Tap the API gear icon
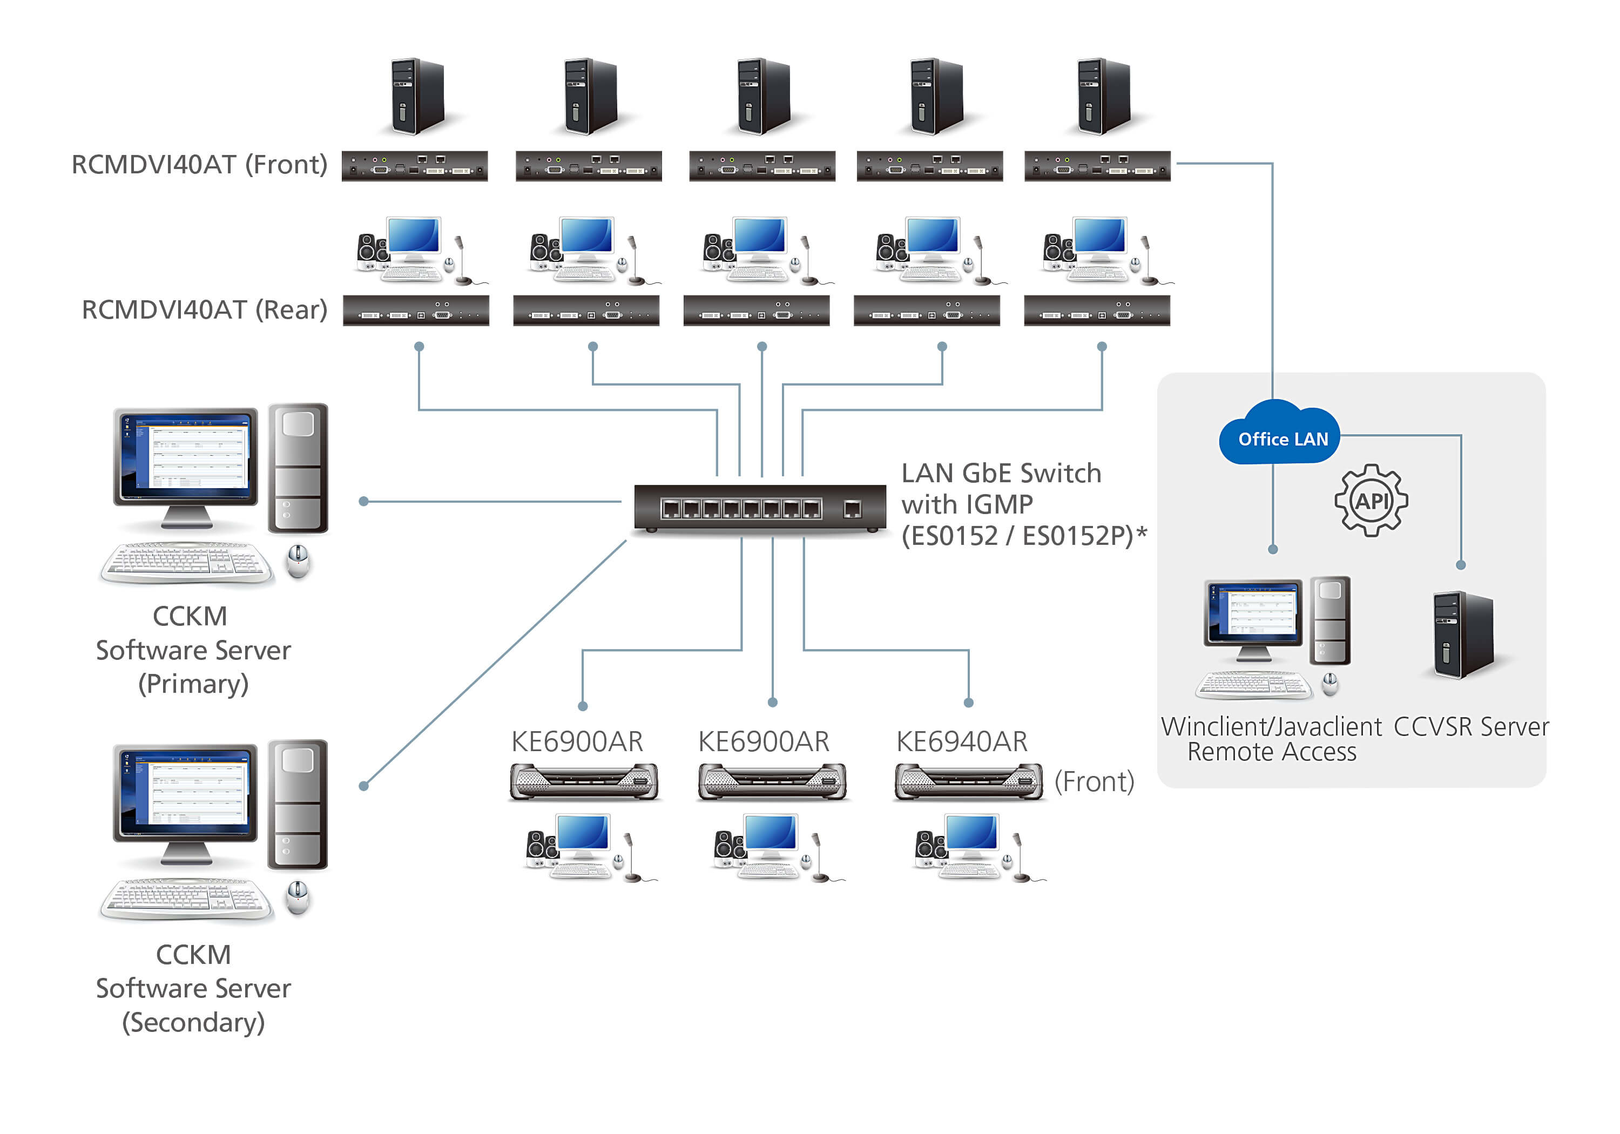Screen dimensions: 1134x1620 point(1371,501)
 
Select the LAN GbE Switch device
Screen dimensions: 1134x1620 point(760,508)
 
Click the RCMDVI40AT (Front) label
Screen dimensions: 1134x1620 point(200,164)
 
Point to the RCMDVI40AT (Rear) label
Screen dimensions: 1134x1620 point(205,310)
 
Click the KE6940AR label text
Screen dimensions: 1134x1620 point(962,741)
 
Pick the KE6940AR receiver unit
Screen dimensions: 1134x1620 point(968,782)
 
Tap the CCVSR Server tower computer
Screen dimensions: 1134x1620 point(1463,634)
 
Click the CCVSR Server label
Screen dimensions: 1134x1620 point(1471,727)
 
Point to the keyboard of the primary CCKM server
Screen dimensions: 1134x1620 point(186,563)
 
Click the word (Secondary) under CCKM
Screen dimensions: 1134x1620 point(193,1023)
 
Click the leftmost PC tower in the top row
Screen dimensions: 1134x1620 point(418,97)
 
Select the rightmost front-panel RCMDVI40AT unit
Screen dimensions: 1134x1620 point(1097,166)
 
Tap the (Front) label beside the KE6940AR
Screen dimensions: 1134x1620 point(1093,782)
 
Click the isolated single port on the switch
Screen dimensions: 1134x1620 point(852,508)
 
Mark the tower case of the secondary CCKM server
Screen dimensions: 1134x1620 point(298,805)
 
